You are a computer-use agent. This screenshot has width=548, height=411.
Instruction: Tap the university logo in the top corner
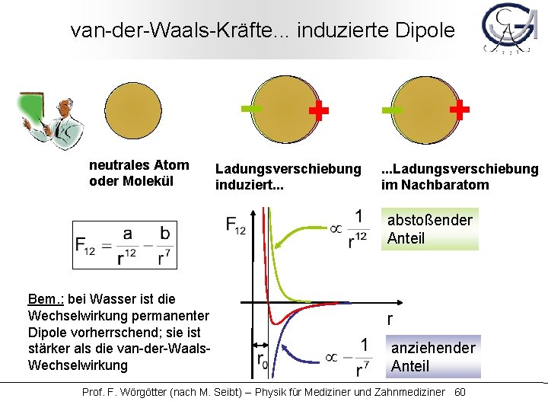click(x=511, y=30)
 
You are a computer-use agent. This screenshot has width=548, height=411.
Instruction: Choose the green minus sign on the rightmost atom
click(x=393, y=111)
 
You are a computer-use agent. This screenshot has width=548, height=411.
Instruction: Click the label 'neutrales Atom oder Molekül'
click(x=139, y=173)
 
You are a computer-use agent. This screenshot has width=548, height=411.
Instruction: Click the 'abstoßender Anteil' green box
click(x=431, y=229)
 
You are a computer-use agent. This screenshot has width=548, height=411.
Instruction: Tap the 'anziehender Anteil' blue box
click(x=432, y=357)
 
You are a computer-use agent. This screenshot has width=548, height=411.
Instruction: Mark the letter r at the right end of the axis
click(x=390, y=320)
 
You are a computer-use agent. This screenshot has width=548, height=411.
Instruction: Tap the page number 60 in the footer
click(x=459, y=392)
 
